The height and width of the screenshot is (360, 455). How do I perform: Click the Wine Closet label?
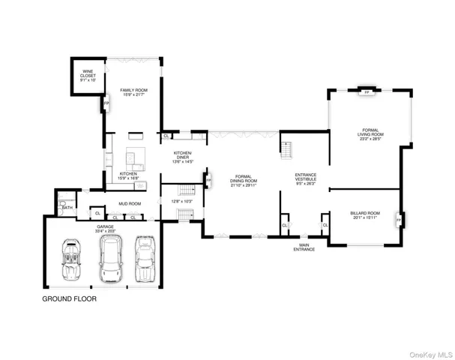tap(88, 76)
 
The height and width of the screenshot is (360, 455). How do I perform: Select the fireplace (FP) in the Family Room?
tap(106, 103)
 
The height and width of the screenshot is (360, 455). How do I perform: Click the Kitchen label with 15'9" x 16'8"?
tap(128, 176)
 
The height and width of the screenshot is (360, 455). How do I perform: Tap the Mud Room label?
tap(130, 203)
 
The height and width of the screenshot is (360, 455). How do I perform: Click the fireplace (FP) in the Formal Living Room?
tap(367, 92)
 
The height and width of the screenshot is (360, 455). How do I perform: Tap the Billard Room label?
tap(365, 215)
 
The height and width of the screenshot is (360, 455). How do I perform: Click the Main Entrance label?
tap(304, 247)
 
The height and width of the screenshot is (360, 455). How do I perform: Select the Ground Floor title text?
tap(69, 298)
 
